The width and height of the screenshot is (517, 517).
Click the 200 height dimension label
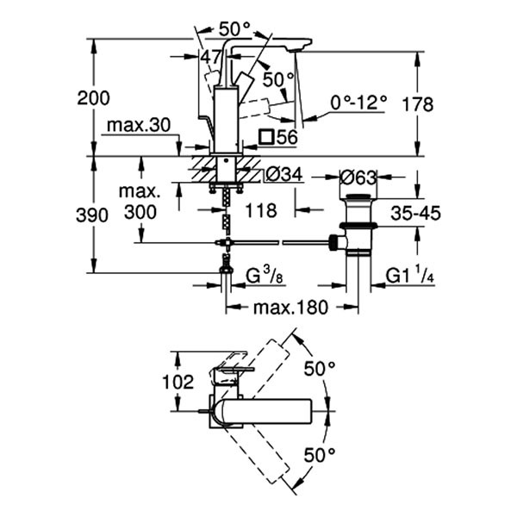pyautogui.click(x=94, y=98)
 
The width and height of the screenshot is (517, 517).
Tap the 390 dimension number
pyautogui.click(x=94, y=215)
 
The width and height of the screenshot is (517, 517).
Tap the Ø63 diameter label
pyautogui.click(x=358, y=178)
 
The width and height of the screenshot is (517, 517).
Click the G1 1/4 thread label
pyautogui.click(x=408, y=276)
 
